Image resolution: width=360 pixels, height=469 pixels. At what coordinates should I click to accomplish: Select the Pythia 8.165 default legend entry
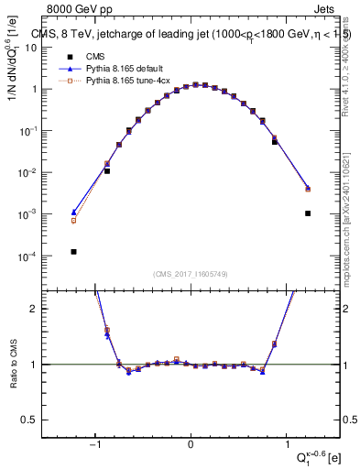(x=120, y=69)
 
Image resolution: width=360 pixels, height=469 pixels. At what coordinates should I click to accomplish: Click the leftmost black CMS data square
(x=74, y=252)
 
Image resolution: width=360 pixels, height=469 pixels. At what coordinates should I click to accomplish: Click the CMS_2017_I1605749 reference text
(x=191, y=274)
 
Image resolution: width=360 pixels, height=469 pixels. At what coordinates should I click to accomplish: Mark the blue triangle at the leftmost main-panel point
(x=74, y=212)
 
